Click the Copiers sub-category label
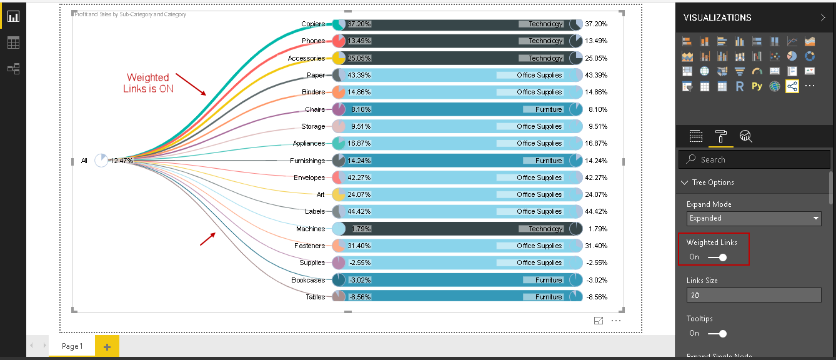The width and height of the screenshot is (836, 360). click(x=313, y=24)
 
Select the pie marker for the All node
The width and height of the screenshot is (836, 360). click(x=101, y=161)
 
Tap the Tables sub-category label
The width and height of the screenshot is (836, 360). click(x=316, y=297)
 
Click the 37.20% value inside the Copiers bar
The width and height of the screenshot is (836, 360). click(x=359, y=24)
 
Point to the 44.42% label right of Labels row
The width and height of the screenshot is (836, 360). click(x=596, y=211)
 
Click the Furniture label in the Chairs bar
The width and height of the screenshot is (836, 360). click(x=549, y=109)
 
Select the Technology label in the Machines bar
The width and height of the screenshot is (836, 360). click(x=545, y=229)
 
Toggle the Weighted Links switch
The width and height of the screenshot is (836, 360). click(x=717, y=257)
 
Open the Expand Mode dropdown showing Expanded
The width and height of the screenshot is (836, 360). click(x=754, y=218)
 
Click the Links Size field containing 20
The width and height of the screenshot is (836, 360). click(x=754, y=295)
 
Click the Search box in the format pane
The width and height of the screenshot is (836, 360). click(x=755, y=159)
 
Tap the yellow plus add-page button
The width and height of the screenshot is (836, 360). click(x=107, y=346)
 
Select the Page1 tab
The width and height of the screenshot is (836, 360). click(x=72, y=346)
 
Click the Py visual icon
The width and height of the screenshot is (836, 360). click(x=757, y=86)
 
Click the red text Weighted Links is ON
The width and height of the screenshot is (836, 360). click(x=148, y=83)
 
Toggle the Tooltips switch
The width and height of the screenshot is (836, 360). click(x=717, y=333)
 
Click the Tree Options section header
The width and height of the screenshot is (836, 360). click(x=713, y=182)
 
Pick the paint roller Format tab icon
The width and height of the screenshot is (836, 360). click(x=720, y=136)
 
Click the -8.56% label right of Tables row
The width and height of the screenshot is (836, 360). click(x=596, y=297)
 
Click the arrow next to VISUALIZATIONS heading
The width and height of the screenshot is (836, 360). click(x=822, y=17)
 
